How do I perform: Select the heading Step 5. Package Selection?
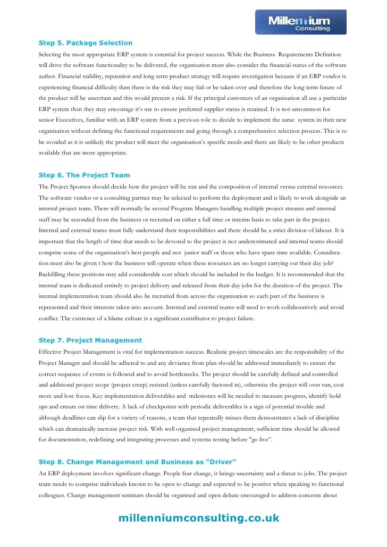click(86, 43)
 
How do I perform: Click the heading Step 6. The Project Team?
click(84, 175)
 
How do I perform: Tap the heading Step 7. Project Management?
click(90, 340)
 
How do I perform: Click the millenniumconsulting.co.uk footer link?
click(199, 518)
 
